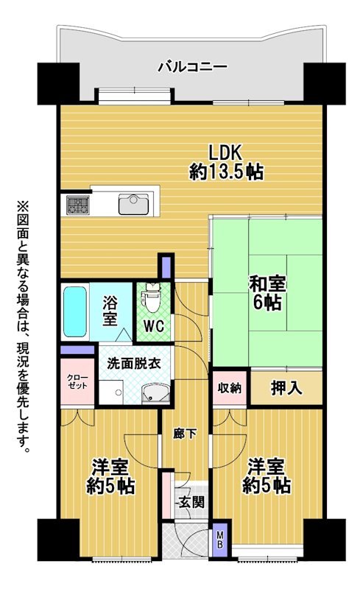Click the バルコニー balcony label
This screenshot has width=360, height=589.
tap(192, 67)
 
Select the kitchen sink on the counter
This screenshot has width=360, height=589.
tap(133, 205)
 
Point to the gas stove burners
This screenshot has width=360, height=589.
tap(78, 205)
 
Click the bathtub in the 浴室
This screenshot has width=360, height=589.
tap(75, 311)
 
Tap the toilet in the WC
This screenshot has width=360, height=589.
tap(152, 297)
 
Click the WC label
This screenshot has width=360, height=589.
tap(155, 326)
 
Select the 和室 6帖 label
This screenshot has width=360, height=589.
tap(267, 293)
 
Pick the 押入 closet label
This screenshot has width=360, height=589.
tap(286, 388)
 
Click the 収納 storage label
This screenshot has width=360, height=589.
tap(230, 388)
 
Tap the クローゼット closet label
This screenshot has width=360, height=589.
tap(77, 381)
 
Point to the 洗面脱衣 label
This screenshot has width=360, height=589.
tap(134, 363)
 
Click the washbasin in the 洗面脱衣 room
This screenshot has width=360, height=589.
tap(155, 393)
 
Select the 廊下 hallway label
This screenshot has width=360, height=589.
tap(185, 434)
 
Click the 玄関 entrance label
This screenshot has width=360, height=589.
tap(191, 501)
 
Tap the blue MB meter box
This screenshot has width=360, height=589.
tap(220, 539)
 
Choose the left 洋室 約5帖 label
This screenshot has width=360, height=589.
tap(110, 477)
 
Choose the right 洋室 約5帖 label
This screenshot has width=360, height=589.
tap(266, 476)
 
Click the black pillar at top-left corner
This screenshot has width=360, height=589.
tap(58, 83)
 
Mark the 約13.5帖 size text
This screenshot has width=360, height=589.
tap(226, 172)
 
